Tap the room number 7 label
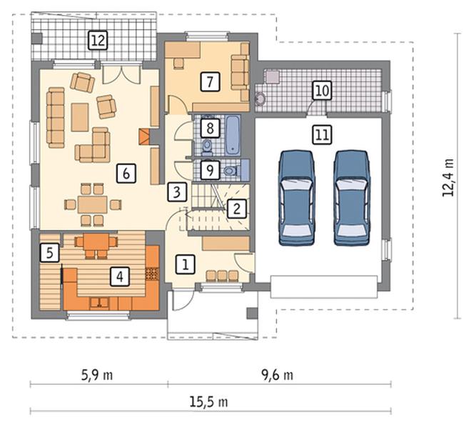(x=210, y=81)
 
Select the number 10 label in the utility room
(x=323, y=90)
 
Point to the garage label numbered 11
(x=323, y=134)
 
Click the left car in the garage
(x=297, y=198)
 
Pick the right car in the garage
(x=352, y=198)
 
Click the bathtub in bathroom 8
(x=233, y=135)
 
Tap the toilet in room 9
(x=231, y=171)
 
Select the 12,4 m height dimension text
(x=448, y=177)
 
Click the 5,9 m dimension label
(x=97, y=375)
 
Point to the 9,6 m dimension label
(x=278, y=375)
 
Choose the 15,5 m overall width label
(x=208, y=402)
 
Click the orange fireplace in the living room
(x=144, y=137)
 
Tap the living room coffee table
(x=80, y=117)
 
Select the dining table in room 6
(x=93, y=205)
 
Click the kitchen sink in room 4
(x=100, y=303)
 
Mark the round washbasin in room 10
(x=260, y=99)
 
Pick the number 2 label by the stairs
(x=237, y=209)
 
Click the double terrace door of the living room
(x=121, y=74)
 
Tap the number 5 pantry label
(x=50, y=253)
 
